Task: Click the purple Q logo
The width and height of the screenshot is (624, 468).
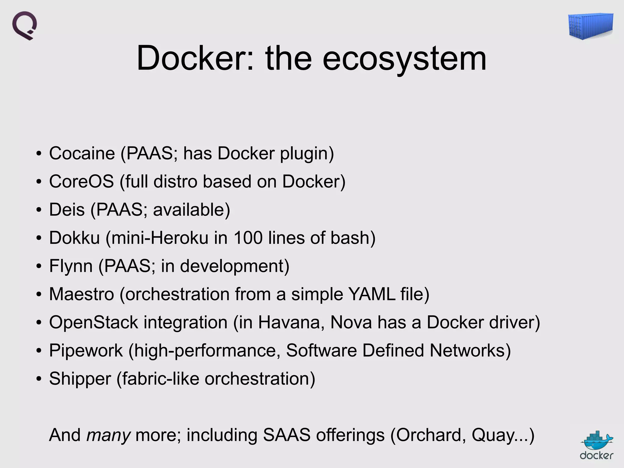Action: (25, 26)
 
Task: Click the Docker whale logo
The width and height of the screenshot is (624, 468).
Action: (597, 445)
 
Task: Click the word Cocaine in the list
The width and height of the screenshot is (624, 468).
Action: (82, 153)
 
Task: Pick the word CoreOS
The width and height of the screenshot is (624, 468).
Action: (81, 181)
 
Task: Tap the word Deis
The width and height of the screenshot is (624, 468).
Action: (67, 210)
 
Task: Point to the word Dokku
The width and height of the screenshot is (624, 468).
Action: (74, 238)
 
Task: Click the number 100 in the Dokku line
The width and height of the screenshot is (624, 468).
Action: (248, 238)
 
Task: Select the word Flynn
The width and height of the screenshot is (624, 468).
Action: (71, 266)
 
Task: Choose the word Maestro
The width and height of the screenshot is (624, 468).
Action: (81, 294)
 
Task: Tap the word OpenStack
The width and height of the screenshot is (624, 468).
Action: (94, 322)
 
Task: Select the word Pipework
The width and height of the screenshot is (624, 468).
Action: (86, 350)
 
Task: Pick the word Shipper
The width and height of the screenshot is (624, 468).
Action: (80, 379)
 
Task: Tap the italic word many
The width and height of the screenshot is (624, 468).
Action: (108, 435)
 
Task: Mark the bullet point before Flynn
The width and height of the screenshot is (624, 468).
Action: (38, 266)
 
